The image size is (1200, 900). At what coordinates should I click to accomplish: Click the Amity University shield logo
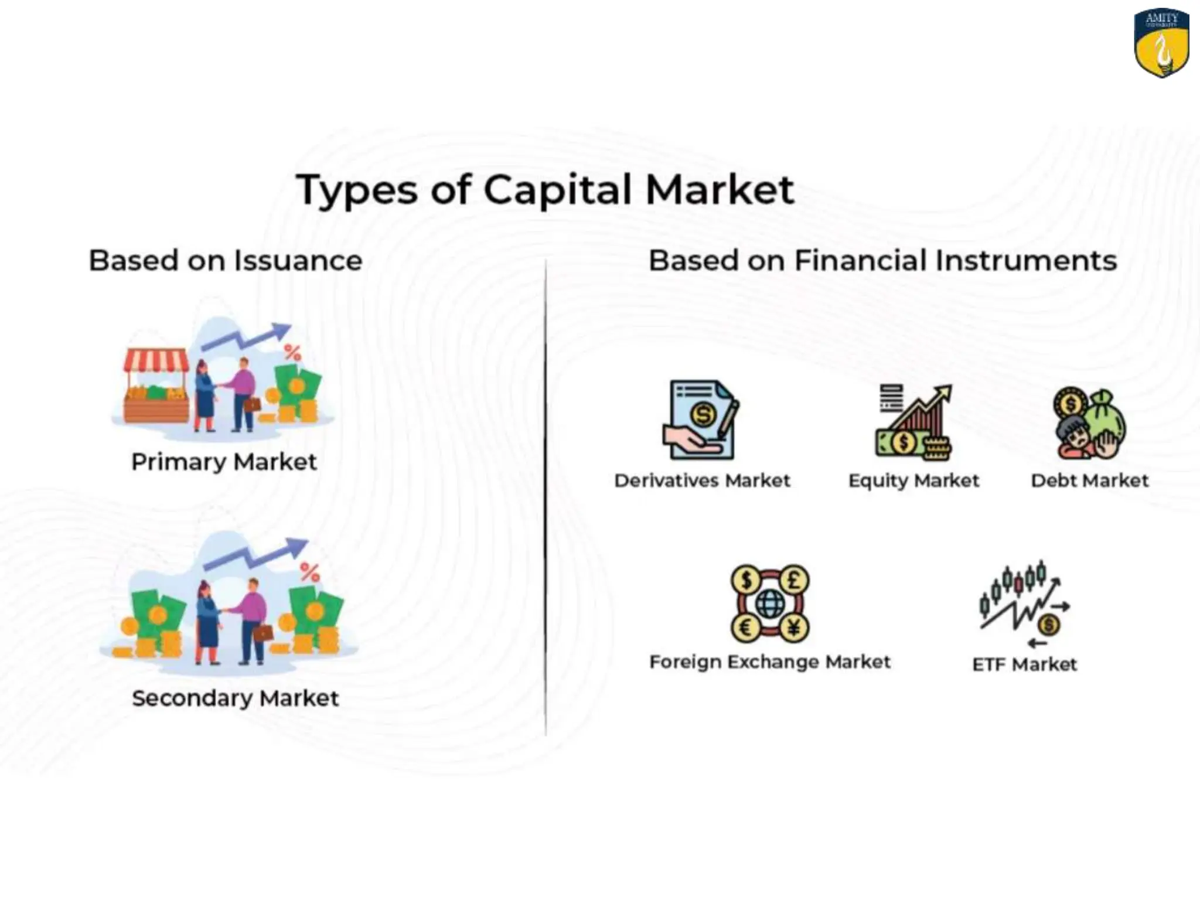1161,42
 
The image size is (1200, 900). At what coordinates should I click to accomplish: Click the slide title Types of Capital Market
545,190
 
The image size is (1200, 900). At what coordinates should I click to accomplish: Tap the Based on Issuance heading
226,260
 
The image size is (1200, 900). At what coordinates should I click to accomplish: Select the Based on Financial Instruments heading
882,260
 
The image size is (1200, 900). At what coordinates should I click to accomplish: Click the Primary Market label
224,462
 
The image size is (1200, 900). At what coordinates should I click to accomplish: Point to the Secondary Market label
235,698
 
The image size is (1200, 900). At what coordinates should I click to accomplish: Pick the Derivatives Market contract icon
701,420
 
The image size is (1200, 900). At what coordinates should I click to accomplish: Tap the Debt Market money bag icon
1090,423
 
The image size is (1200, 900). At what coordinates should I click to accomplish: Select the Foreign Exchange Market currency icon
770,604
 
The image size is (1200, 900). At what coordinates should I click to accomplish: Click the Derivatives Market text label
702,480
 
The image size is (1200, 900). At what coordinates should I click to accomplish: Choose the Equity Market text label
913,480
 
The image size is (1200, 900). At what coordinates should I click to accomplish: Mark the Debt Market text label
1090,480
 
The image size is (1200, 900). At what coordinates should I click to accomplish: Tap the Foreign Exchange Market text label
770,662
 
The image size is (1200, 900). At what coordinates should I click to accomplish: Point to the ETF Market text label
1024,664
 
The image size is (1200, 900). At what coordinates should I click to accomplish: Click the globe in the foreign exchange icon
770,604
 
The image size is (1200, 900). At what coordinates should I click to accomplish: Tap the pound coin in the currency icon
794,580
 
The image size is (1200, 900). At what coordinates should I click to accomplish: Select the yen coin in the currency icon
794,628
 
